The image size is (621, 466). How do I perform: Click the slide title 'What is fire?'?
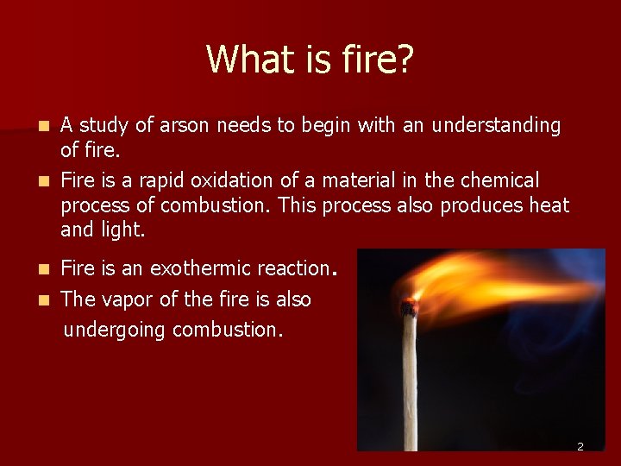click(x=310, y=60)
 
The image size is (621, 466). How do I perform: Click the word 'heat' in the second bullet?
click(x=549, y=205)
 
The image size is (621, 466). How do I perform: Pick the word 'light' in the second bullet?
click(x=120, y=230)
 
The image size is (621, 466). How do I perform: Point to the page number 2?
click(x=580, y=446)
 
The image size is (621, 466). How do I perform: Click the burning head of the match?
click(x=409, y=306)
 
